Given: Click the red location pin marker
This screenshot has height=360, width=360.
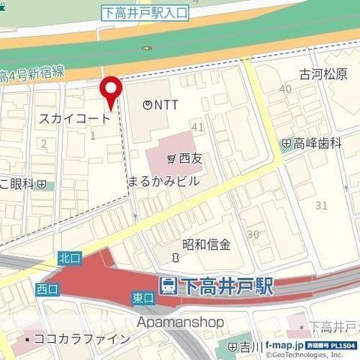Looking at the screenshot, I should (112, 91).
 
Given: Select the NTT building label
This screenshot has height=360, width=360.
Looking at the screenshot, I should (160, 105).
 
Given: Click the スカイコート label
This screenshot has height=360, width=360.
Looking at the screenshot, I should (74, 118).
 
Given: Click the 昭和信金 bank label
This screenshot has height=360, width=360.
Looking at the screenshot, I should (206, 244).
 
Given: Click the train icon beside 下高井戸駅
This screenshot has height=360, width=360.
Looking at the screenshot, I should (169, 286).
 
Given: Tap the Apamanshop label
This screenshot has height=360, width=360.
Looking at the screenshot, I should (181, 321).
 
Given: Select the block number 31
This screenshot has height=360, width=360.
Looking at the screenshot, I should (322, 205).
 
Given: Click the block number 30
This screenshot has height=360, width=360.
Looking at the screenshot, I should (253, 234).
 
